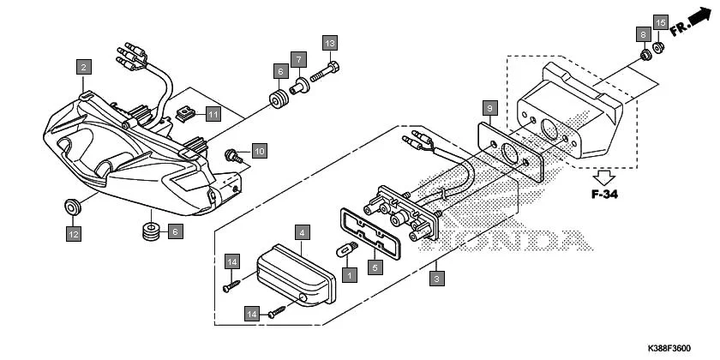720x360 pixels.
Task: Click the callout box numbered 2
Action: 83,66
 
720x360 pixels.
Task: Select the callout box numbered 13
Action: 330,42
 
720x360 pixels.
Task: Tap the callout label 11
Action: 213,113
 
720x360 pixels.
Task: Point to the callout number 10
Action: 259,151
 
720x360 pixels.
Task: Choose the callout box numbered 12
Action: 75,232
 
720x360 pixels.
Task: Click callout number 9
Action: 489,108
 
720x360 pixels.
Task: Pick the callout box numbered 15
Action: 660,21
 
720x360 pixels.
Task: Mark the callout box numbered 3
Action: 437,279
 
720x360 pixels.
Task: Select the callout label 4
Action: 302,231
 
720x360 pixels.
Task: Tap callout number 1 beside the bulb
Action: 348,274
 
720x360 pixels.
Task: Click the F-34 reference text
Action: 605,193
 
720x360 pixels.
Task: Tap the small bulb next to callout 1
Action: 347,252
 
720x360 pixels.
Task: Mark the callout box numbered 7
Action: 297,60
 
